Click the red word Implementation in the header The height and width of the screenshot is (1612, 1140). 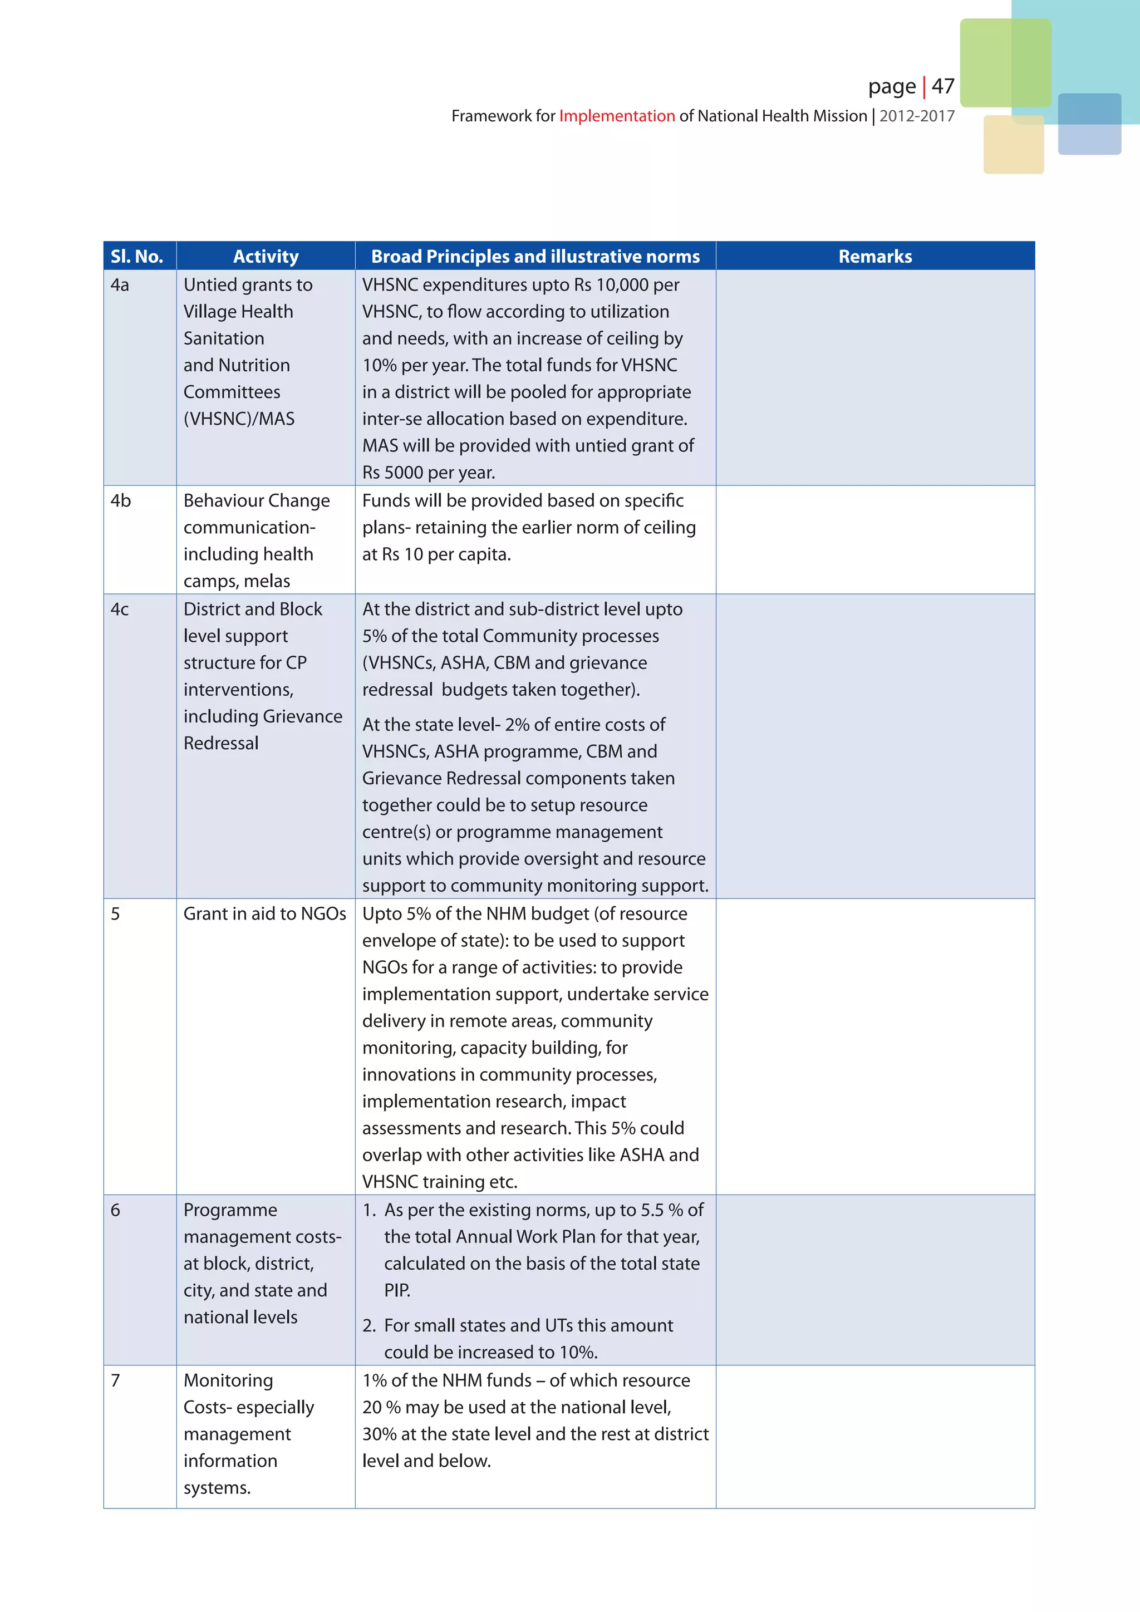pos(616,116)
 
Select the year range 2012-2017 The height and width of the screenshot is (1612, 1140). pos(917,116)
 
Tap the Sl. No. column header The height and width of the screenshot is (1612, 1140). pos(137,256)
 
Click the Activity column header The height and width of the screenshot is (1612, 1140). pos(266,256)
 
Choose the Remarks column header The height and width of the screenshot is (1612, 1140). pos(874,256)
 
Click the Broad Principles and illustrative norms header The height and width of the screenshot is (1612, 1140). pos(535,256)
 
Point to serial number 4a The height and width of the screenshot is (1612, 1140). pos(120,285)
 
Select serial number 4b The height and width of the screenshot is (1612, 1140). pos(121,500)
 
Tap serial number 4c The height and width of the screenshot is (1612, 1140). pos(120,610)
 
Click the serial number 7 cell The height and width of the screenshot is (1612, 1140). pos(116,1380)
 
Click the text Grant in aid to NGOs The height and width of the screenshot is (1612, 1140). pos(264,913)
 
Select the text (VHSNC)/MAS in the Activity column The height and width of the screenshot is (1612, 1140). pos(239,419)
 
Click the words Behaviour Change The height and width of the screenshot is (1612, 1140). pos(256,500)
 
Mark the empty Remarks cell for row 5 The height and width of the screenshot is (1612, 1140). pos(874,1046)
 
